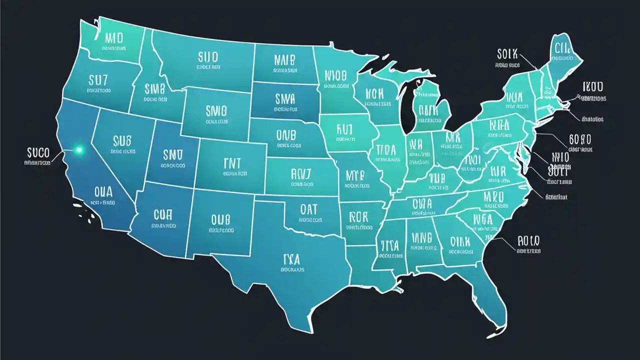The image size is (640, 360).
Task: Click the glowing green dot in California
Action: pos(78,149)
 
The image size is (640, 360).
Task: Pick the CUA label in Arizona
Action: pos(162,214)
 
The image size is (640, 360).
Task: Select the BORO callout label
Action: pos(580,138)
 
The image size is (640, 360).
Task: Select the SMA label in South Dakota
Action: pos(285,98)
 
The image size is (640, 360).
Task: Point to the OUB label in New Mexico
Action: pos(220,219)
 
